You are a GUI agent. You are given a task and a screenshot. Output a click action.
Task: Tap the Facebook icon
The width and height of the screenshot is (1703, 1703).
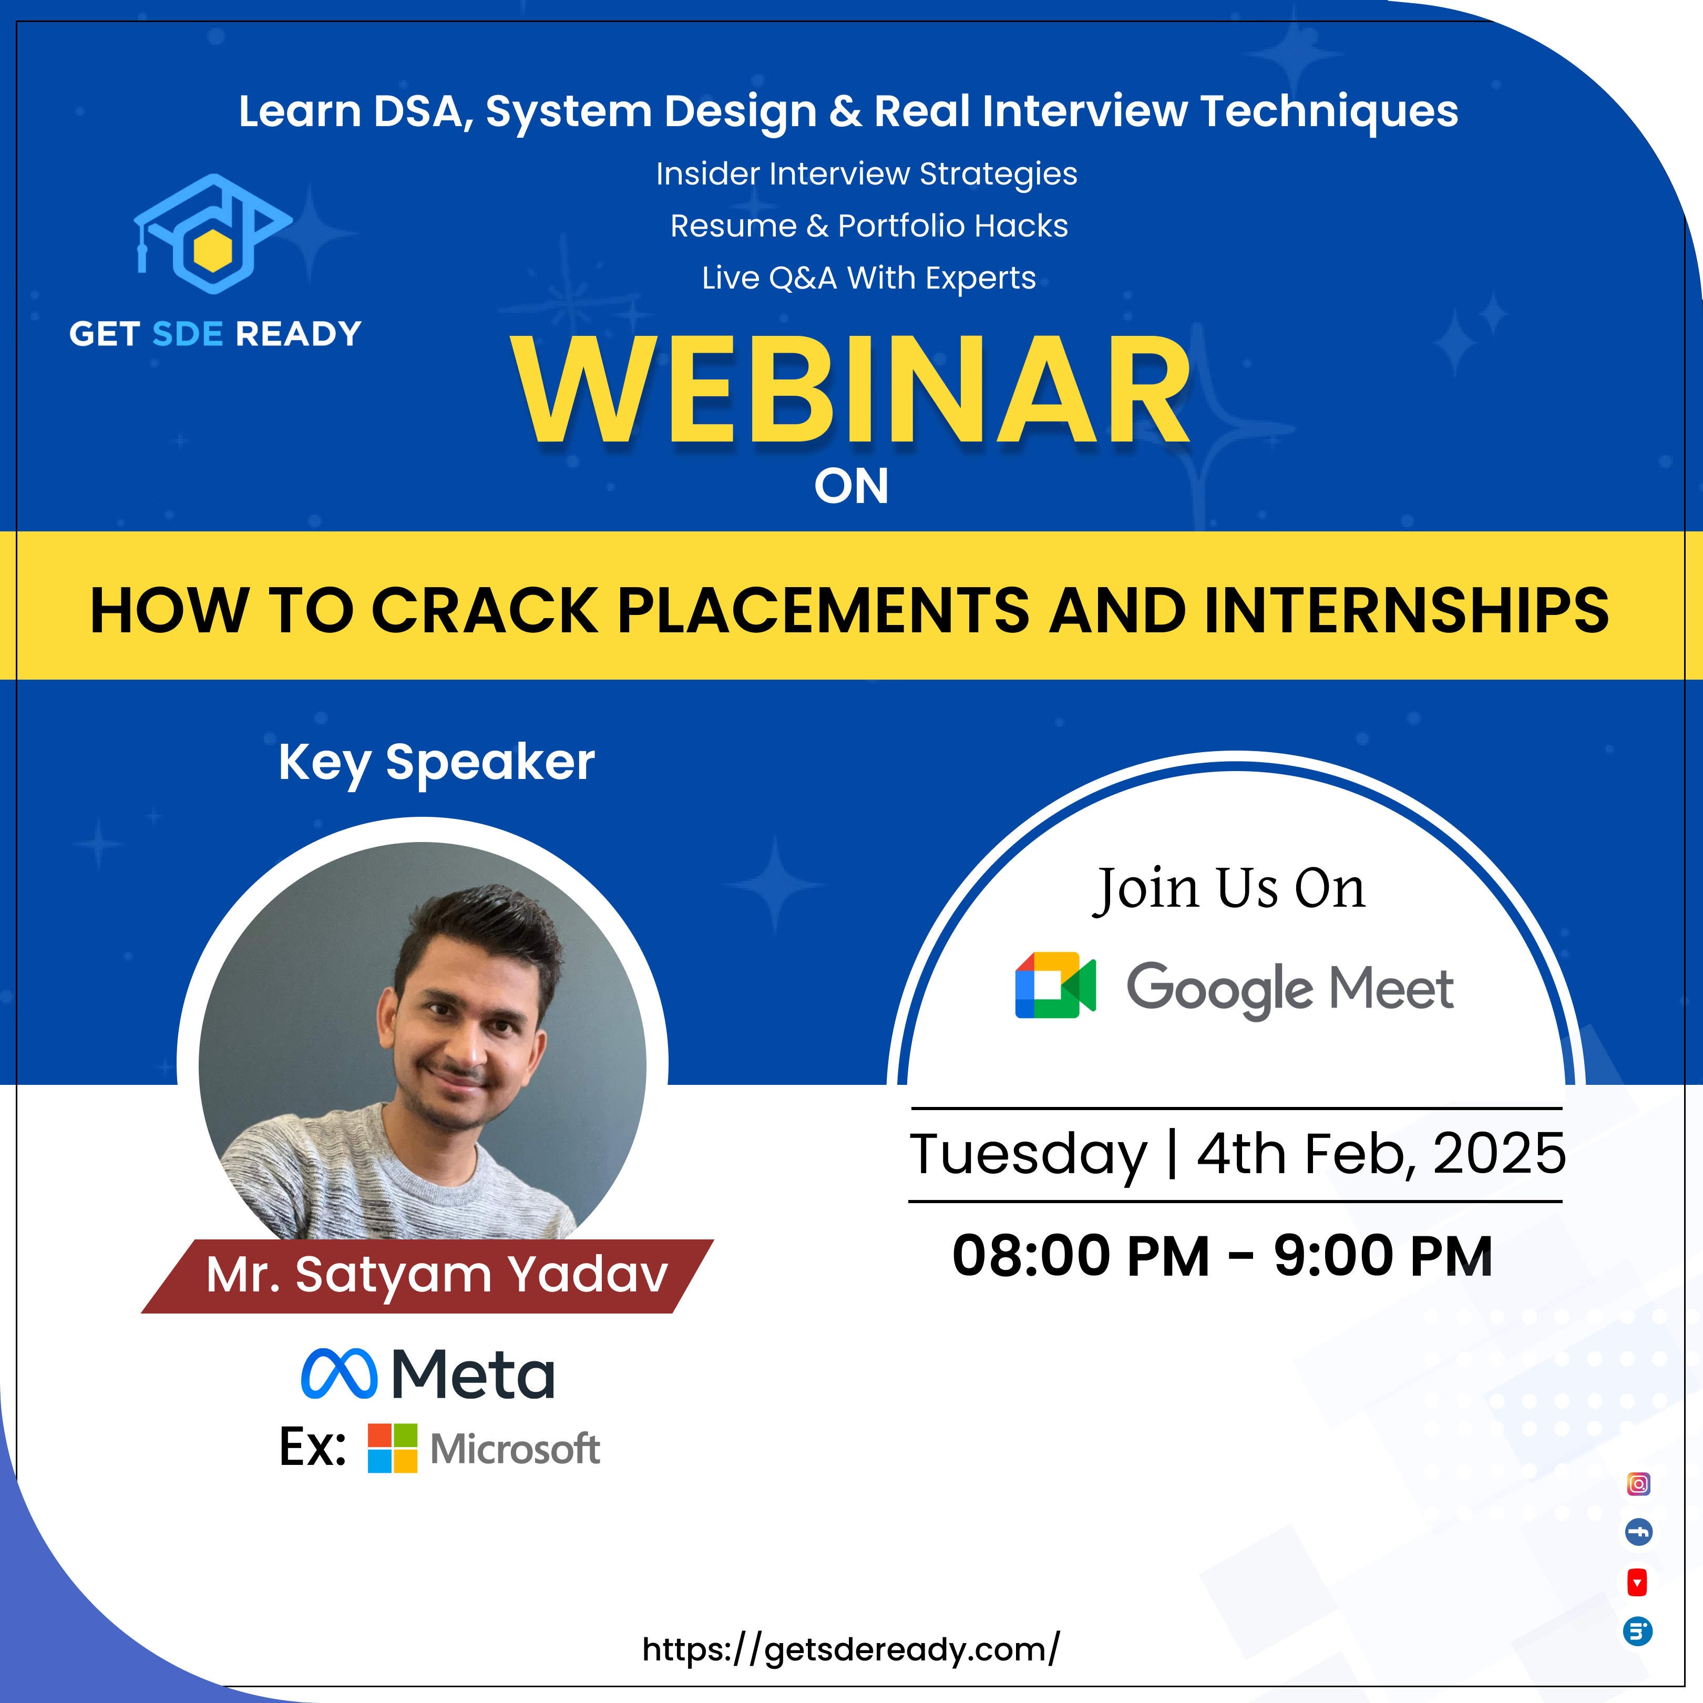1638,1533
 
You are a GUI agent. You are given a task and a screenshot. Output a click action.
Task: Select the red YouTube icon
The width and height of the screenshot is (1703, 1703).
1637,1582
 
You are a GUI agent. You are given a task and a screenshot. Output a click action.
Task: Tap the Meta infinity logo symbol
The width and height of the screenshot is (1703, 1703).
340,1373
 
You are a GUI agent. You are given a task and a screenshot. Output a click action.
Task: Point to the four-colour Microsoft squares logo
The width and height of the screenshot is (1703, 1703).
392,1448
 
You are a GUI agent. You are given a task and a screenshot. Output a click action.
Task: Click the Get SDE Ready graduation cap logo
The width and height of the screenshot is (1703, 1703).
212,233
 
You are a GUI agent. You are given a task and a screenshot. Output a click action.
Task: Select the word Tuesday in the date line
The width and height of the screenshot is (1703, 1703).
1029,1155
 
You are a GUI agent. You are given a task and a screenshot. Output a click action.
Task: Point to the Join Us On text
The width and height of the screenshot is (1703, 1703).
1229,888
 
